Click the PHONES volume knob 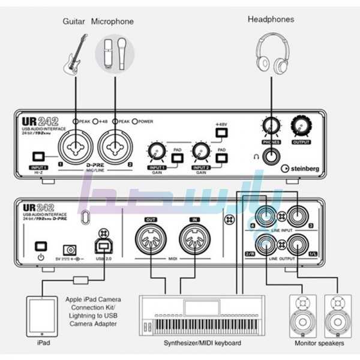pos(271,126)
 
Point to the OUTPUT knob pos(300,126)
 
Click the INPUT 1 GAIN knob pos(157,151)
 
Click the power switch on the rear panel pos(41,247)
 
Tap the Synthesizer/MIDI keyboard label pos(203,343)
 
